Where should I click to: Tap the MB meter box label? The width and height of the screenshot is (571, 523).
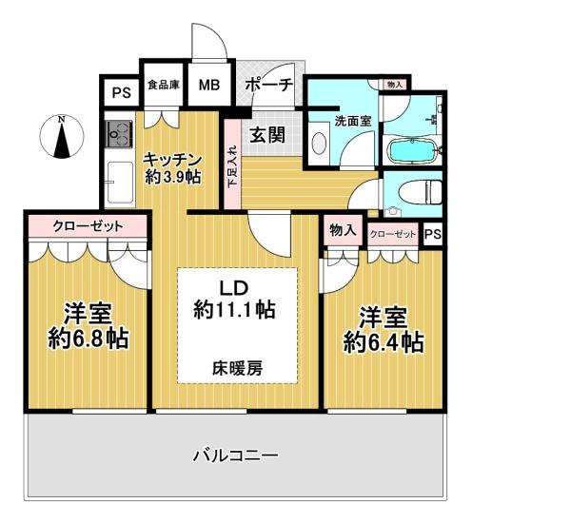coord(209,85)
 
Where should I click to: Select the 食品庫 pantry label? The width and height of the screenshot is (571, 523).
coord(164,86)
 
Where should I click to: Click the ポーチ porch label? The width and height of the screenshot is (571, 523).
coord(269,85)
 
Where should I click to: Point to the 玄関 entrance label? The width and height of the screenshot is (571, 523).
coord(267,135)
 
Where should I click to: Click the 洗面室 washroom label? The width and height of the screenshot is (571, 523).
coord(353,121)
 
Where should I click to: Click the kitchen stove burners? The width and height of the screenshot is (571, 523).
coord(119,134)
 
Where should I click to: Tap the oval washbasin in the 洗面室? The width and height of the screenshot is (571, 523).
coord(320,145)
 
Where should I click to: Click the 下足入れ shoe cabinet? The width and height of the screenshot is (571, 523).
coord(232,165)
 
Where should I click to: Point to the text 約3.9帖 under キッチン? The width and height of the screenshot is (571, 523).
coord(172,177)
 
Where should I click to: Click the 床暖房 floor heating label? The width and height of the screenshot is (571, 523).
coord(237,369)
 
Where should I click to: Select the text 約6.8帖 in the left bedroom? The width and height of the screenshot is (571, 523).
coord(89,339)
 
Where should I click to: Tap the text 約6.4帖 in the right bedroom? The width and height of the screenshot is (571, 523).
coord(384,342)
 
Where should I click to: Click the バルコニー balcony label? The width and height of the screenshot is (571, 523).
coord(236,455)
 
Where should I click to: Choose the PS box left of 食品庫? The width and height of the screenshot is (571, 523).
coord(121,93)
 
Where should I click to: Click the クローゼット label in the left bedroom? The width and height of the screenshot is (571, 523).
coord(88,226)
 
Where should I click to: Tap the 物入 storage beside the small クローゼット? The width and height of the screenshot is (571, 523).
coord(343,230)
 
